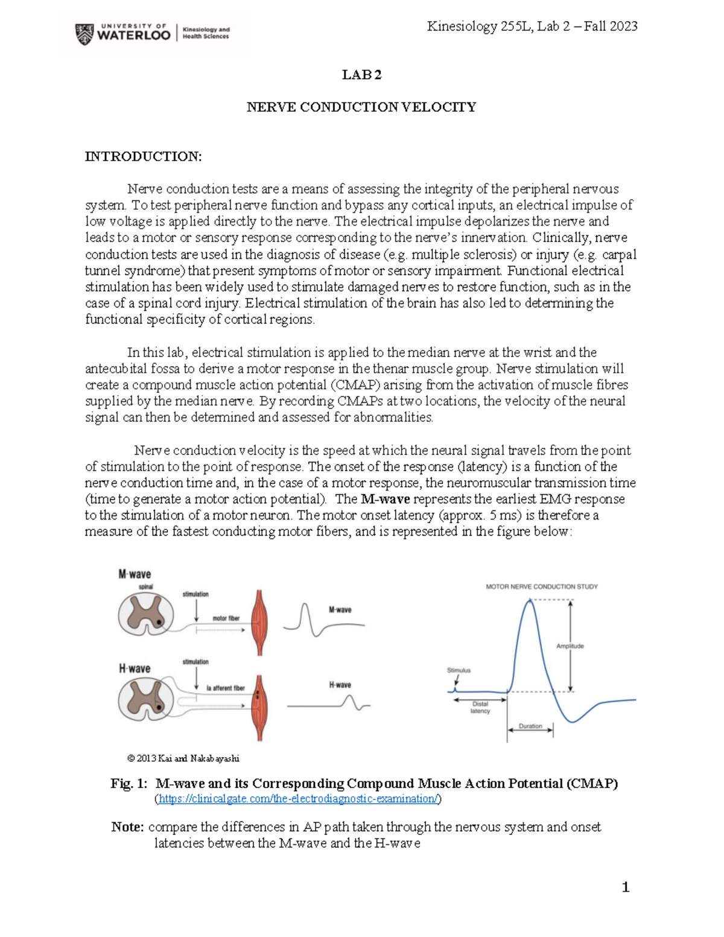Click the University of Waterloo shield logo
[x=84, y=34]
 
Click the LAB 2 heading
[x=361, y=75]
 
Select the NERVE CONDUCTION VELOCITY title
[x=361, y=107]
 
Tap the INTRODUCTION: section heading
[x=143, y=157]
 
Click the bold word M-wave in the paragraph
[x=385, y=499]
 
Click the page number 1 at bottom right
[x=626, y=887]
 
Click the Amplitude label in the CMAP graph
[x=570, y=646]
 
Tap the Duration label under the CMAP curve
[x=530, y=726]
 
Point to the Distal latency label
[x=480, y=707]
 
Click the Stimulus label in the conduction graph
[x=459, y=670]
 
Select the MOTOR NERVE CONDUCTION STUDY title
[x=541, y=586]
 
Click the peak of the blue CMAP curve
[x=529, y=600]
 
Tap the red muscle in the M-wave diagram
[x=259, y=623]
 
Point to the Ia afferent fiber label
[x=226, y=688]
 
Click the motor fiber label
[x=226, y=618]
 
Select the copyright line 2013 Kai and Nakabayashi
[x=183, y=758]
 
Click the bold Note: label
[x=127, y=827]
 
